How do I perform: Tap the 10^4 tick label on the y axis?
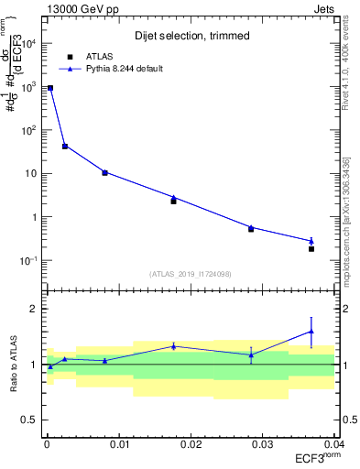click(x=28, y=44)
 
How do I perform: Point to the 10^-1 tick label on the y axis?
click(x=28, y=261)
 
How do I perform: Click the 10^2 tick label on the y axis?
click(x=28, y=130)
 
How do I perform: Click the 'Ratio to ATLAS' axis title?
click(x=12, y=364)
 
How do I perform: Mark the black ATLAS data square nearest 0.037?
click(x=311, y=249)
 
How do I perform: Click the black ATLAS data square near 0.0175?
click(x=173, y=201)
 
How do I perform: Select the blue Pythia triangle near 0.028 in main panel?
click(x=251, y=226)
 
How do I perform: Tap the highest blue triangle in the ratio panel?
click(x=311, y=332)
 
